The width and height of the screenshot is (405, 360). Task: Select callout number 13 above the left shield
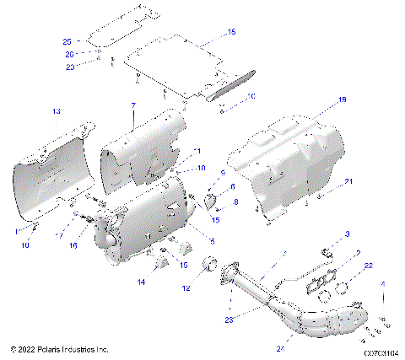click(57, 111)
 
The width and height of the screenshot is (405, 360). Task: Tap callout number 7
click(133, 105)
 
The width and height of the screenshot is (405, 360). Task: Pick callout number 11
click(198, 151)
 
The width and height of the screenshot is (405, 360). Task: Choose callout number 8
click(236, 201)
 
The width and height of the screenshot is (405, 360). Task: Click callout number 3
click(346, 234)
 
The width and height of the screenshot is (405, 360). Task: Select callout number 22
click(368, 266)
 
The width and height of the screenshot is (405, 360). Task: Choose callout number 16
click(73, 245)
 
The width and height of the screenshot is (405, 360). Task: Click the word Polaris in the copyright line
click(51, 348)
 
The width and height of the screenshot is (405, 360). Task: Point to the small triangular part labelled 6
click(213, 201)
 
